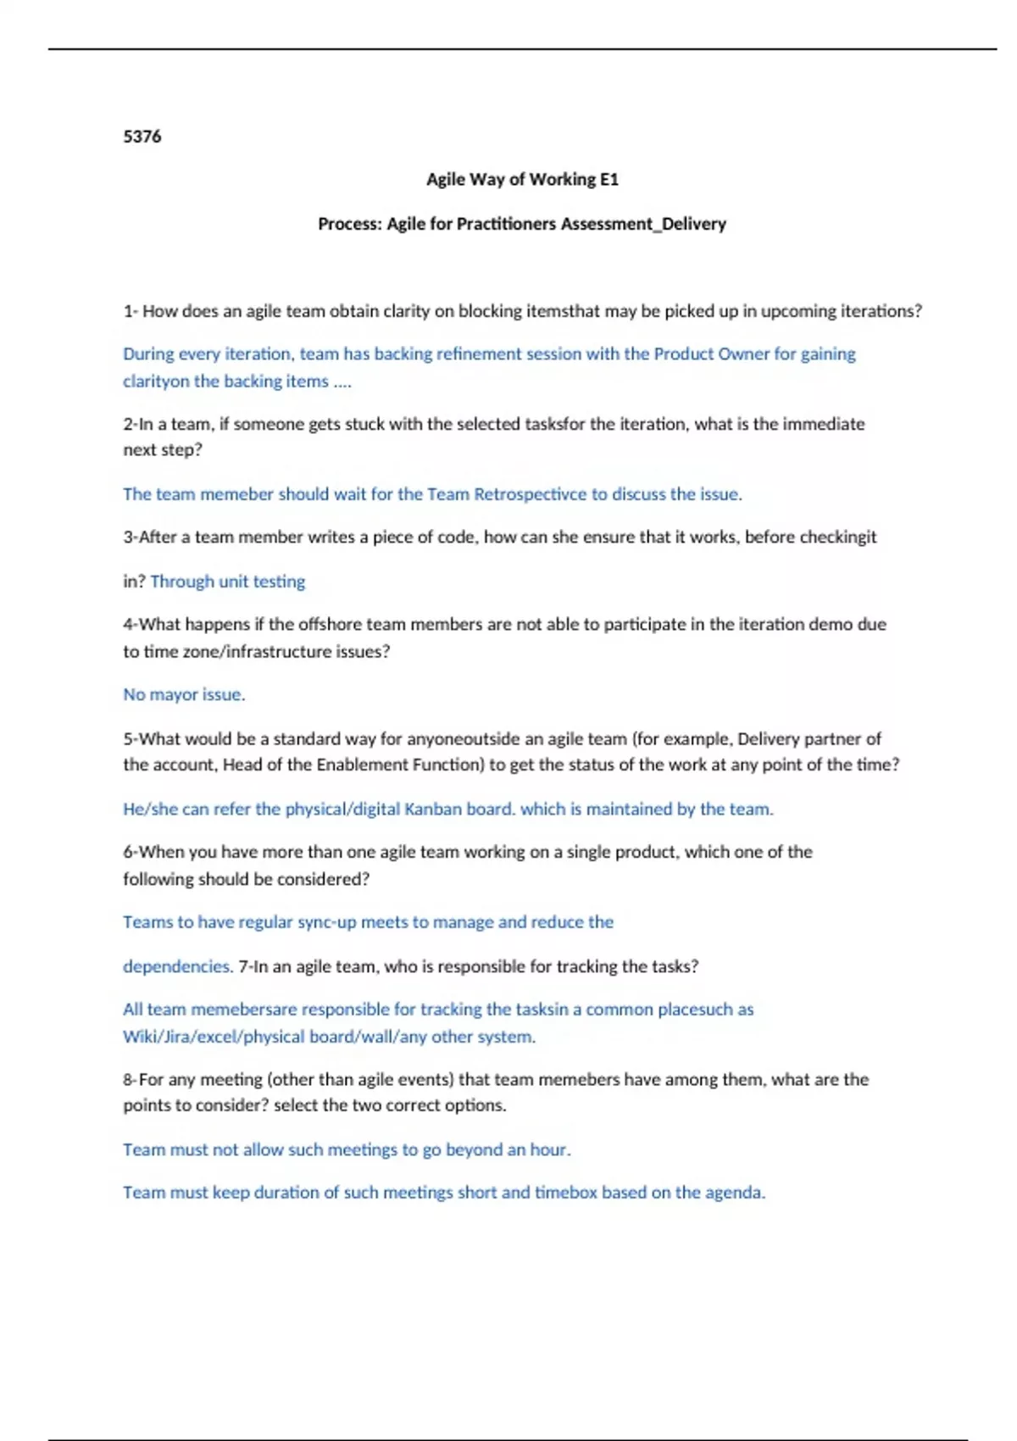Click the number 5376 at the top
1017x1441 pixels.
coord(142,136)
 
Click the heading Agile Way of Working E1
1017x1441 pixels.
coord(522,180)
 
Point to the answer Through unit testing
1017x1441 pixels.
coord(227,581)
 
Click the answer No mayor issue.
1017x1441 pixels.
coord(184,694)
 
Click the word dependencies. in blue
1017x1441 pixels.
coord(178,966)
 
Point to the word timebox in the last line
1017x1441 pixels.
coord(565,1192)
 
